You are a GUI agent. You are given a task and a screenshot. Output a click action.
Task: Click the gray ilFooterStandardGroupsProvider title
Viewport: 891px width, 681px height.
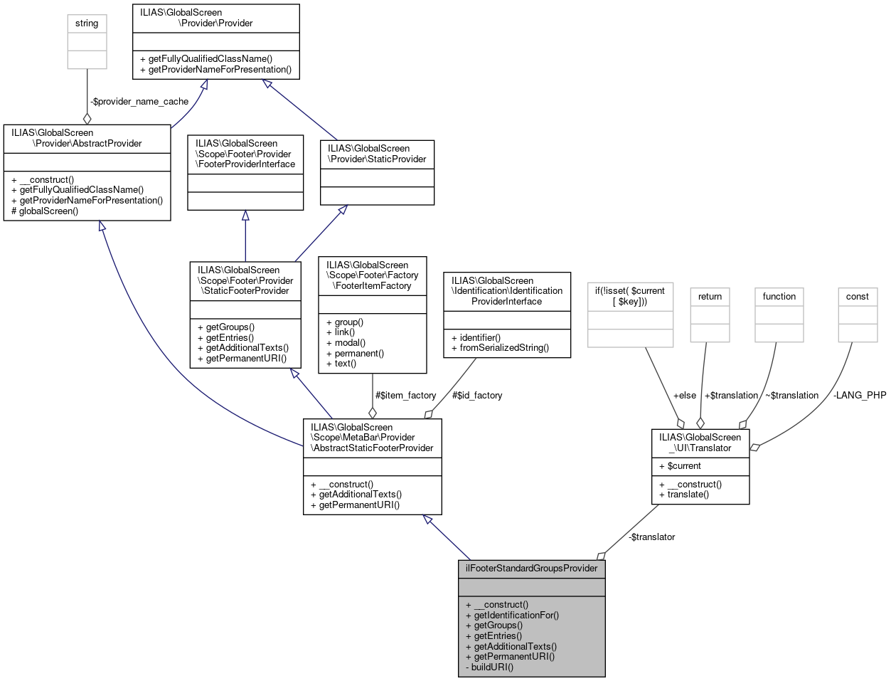click(531, 569)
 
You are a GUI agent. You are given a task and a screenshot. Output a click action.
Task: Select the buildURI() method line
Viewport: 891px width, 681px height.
click(491, 667)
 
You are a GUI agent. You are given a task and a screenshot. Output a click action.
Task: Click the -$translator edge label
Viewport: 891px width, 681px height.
click(651, 537)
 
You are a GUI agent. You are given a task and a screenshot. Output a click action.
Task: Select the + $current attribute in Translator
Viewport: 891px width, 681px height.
click(683, 466)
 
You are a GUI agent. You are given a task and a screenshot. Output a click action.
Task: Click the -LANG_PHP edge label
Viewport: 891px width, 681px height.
click(859, 395)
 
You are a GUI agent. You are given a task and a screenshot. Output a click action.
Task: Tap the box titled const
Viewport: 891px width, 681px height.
click(858, 297)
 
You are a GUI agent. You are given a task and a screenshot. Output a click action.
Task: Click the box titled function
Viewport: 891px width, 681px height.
click(779, 297)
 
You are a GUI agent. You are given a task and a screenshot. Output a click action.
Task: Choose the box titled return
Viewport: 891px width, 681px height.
click(710, 297)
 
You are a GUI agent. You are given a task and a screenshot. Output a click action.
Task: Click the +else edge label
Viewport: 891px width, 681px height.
click(684, 395)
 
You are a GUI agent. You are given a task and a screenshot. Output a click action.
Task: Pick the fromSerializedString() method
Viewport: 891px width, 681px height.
click(504, 348)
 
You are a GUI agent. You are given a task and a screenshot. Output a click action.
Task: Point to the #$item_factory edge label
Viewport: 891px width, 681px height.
click(405, 395)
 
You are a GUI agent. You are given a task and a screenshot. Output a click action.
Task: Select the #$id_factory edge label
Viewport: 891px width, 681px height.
click(476, 395)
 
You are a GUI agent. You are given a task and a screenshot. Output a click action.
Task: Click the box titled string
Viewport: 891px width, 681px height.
click(87, 23)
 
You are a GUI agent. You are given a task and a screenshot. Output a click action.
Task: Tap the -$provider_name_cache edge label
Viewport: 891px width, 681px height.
click(139, 102)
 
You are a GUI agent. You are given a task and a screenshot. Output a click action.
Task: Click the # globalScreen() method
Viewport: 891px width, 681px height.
click(45, 211)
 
